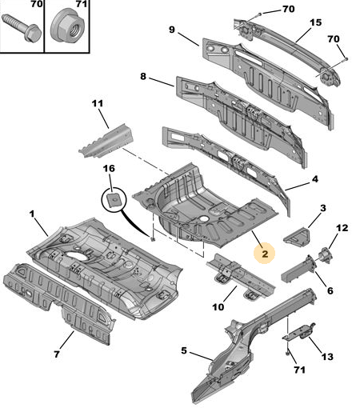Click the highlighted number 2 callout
tap(265, 254)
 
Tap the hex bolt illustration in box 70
tap(22, 28)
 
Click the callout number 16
tap(109, 169)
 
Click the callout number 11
tap(98, 103)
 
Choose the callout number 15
tap(315, 22)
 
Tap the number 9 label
tap(172, 30)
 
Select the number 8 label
tap(143, 77)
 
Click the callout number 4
tap(315, 179)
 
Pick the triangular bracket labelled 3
tap(298, 236)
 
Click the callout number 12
tap(342, 228)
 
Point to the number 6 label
tap(330, 290)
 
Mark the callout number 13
tap(327, 357)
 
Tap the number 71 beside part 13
tap(299, 370)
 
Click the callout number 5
tap(184, 350)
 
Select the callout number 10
tap(218, 307)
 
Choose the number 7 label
tap(57, 354)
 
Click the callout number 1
tap(32, 214)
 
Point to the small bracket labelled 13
tap(299, 332)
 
